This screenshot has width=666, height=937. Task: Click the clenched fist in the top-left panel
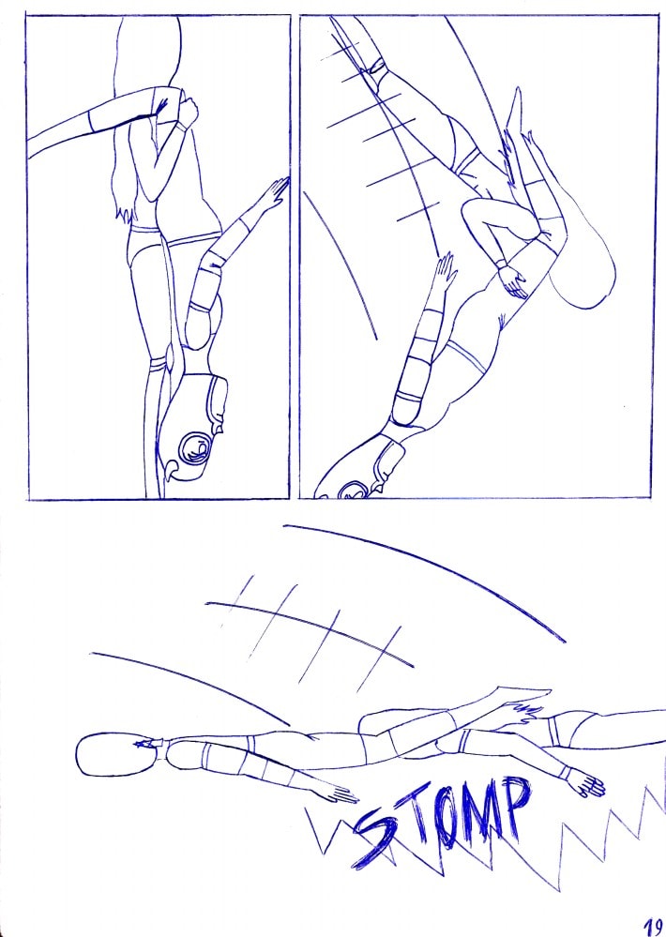[x=187, y=113]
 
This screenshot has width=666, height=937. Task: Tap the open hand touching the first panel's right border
[x=275, y=193]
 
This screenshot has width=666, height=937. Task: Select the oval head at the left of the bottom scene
[x=112, y=755]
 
